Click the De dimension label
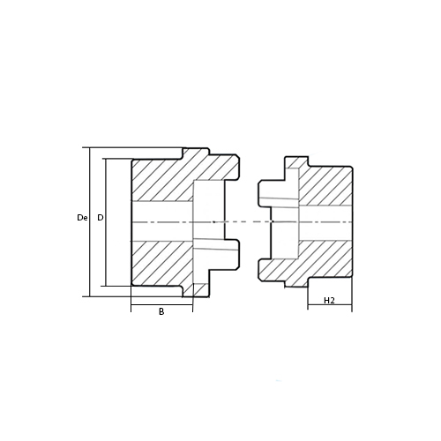(x=82, y=218)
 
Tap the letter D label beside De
(x=101, y=218)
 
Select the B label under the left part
(x=161, y=311)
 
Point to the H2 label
(x=329, y=301)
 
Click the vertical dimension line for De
(x=89, y=222)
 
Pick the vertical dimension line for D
(x=106, y=222)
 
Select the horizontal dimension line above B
(x=161, y=305)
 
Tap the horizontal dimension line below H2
(x=330, y=305)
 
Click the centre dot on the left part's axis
(x=214, y=221)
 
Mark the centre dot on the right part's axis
(x=273, y=221)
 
